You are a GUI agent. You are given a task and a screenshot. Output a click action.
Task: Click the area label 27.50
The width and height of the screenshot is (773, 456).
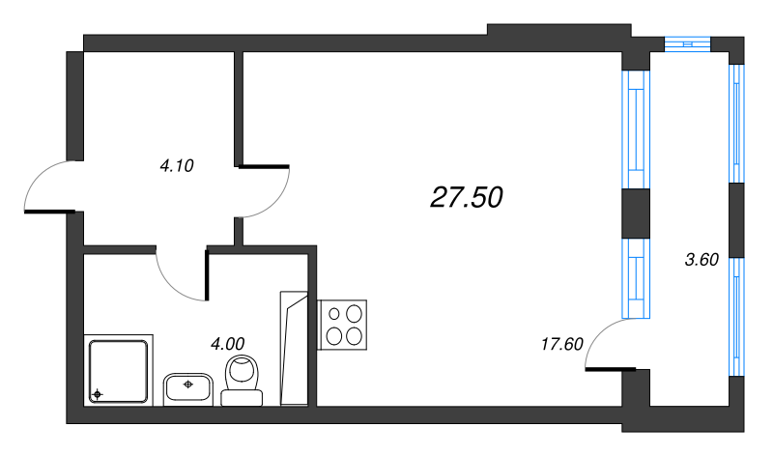pos(467,197)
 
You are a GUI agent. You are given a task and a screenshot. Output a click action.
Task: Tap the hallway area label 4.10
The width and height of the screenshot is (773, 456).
pos(177,165)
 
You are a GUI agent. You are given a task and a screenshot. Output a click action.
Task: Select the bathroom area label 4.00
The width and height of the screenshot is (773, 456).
pos(228,342)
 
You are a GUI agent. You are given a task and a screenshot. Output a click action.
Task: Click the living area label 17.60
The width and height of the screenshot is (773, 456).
pos(561,343)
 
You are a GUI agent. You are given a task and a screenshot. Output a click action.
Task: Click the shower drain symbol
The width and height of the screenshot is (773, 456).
pos(97,394)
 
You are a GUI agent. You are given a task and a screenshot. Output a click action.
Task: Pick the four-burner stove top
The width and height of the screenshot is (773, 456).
pos(344,324)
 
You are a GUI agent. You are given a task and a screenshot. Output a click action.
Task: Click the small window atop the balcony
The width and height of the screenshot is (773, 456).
pos(688,42)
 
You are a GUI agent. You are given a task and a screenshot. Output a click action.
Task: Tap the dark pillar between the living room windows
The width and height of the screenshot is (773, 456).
pos(635,214)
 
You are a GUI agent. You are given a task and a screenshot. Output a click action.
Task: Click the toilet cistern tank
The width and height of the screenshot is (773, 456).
pos(243,396)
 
